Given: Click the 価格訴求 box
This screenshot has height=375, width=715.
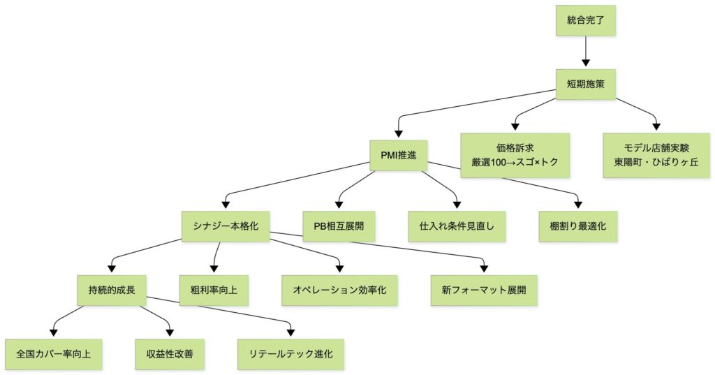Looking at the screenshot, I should click(x=515, y=156).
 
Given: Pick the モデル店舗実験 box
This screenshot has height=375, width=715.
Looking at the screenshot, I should click(x=656, y=156).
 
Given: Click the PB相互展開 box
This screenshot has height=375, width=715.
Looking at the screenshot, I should click(x=339, y=226).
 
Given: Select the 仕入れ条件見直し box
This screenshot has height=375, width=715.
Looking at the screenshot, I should click(x=457, y=226).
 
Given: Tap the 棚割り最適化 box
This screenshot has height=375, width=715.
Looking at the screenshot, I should click(x=579, y=226).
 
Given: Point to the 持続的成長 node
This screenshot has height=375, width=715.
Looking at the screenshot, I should click(x=112, y=288).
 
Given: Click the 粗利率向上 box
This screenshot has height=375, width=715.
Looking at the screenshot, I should click(x=214, y=288).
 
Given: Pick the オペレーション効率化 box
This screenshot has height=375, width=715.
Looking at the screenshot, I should click(x=340, y=288).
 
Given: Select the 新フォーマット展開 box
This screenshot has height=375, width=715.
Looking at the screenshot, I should click(x=485, y=288).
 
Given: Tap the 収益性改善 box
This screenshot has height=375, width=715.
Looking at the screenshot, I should click(x=170, y=353).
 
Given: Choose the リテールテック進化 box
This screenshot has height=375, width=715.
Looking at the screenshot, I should click(x=290, y=353).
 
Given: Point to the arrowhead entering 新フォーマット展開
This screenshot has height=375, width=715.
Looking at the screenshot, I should click(x=485, y=269).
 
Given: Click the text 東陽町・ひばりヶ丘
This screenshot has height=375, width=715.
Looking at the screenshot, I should click(x=656, y=163).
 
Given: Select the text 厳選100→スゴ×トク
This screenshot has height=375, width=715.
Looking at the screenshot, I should click(x=515, y=163).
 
